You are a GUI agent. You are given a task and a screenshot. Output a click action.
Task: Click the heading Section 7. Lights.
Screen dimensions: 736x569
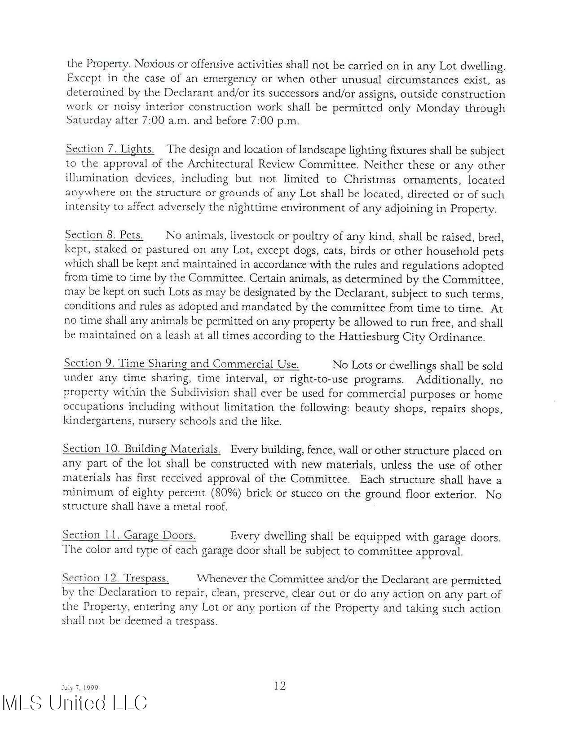[110, 149]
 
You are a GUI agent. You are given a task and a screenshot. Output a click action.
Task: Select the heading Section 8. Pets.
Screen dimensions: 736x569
[104, 235]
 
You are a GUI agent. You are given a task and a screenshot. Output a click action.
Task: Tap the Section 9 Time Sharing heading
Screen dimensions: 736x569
[181, 363]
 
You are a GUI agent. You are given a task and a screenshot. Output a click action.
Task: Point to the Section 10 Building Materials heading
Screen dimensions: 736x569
[141, 449]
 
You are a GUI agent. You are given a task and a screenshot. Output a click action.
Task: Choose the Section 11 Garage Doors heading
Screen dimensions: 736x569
[129, 535]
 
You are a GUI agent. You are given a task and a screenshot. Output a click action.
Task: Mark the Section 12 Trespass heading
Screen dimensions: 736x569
[115, 578]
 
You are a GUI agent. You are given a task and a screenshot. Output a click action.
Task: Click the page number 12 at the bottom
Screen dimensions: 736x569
[279, 686]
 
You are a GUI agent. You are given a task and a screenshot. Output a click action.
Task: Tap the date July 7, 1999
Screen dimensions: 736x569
[79, 688]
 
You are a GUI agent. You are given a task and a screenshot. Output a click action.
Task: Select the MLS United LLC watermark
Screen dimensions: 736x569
[75, 703]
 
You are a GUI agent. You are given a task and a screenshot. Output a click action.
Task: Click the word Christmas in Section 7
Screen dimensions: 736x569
[370, 179]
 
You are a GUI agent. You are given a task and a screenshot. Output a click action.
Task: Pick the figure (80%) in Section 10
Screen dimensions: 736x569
[226, 493]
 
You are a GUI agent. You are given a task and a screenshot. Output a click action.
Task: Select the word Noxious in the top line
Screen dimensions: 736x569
[154, 64]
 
